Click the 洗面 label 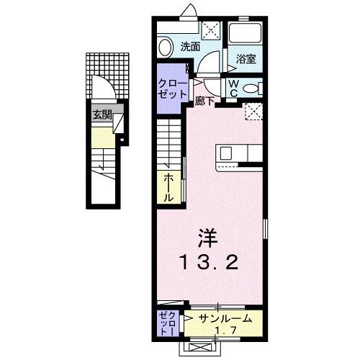tap(189, 48)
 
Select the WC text tap(234, 89)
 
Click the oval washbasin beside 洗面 tap(166, 48)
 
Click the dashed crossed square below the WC tap(253, 112)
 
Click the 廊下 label tap(204, 102)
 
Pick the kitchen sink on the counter tap(226, 153)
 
